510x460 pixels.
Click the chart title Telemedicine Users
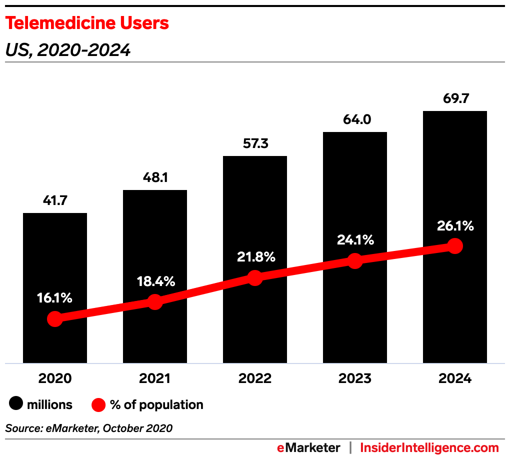[x=87, y=23]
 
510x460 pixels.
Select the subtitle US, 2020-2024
[x=67, y=50]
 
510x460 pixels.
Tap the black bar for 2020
[x=55, y=260]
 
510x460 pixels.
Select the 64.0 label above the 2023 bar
[x=355, y=120]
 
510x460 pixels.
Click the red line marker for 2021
[x=155, y=302]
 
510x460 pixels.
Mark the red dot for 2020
[x=55, y=319]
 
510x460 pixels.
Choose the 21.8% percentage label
[x=255, y=257]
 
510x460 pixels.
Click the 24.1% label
[x=355, y=240]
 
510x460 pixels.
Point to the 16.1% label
[x=55, y=298]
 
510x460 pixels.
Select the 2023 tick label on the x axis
[x=355, y=378]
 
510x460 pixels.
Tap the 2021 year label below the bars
[x=155, y=378]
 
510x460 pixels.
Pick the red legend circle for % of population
[x=98, y=404]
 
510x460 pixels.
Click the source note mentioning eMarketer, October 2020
[x=89, y=428]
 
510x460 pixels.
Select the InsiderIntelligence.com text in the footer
[x=429, y=447]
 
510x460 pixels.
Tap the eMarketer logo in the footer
[x=308, y=447]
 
